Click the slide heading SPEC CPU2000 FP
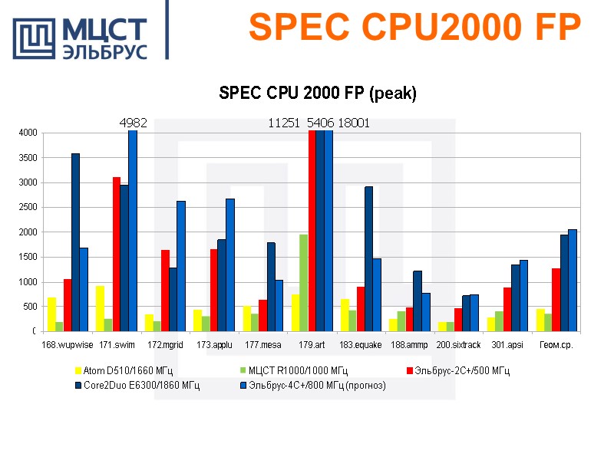tap(414, 28)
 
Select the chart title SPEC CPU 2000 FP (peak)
tap(318, 94)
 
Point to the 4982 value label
tap(133, 123)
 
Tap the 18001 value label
tap(354, 123)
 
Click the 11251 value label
tap(284, 123)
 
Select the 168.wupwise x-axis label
tap(67, 345)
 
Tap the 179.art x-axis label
tap(311, 345)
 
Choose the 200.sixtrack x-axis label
tap(458, 345)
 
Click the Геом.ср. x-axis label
tap(556, 345)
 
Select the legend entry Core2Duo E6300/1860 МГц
tap(139, 386)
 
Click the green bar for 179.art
tap(304, 283)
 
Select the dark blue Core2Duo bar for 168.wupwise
tap(75, 242)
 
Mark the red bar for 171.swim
tap(116, 254)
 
